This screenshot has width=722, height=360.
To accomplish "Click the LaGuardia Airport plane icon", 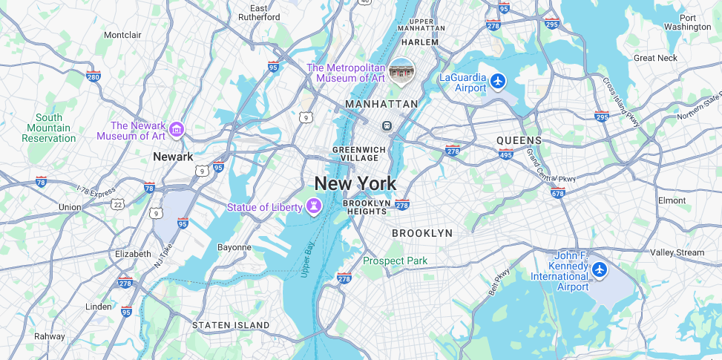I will [x=498, y=80].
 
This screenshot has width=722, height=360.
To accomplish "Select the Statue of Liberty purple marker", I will [x=315, y=206].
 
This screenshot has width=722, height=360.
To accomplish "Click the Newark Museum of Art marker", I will [x=177, y=130].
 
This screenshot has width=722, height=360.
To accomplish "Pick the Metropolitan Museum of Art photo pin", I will [x=402, y=71].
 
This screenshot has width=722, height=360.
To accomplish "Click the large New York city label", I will [x=355, y=183].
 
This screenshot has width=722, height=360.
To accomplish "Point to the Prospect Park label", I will [x=395, y=261].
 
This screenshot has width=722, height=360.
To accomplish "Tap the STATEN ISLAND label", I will [x=231, y=325].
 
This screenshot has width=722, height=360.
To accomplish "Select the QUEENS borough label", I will [x=519, y=140].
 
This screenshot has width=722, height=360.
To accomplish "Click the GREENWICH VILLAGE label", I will [x=359, y=154].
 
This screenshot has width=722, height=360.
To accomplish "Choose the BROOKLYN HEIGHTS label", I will [x=366, y=207].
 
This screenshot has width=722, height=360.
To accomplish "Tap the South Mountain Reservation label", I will [x=49, y=128].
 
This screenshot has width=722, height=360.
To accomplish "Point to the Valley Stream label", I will [x=677, y=252].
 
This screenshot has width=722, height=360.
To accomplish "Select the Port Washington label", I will [x=687, y=22].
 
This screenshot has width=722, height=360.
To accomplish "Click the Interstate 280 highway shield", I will [x=93, y=76].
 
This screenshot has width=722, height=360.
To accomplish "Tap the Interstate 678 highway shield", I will [x=557, y=193].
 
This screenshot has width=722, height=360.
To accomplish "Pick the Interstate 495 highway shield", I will [x=507, y=154].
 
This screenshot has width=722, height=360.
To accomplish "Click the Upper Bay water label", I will [x=308, y=260].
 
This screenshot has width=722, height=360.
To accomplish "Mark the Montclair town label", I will [x=122, y=35].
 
